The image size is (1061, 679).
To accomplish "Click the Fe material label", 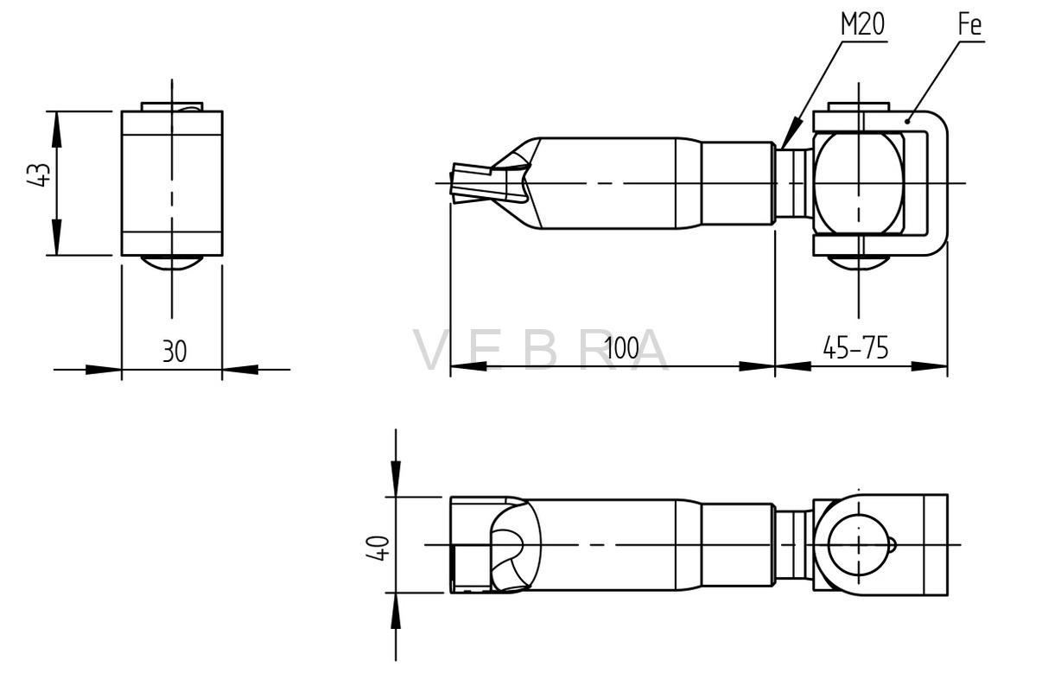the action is click(x=969, y=24).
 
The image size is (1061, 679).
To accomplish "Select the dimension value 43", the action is click(x=39, y=175).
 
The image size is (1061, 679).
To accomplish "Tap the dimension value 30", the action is click(x=175, y=351).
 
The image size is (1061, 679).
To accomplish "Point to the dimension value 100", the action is click(x=622, y=348).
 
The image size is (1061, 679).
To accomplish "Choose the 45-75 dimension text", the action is click(x=855, y=348).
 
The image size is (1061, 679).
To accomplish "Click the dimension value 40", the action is click(x=378, y=548).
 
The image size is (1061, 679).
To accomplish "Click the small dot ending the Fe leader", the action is click(x=907, y=121).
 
